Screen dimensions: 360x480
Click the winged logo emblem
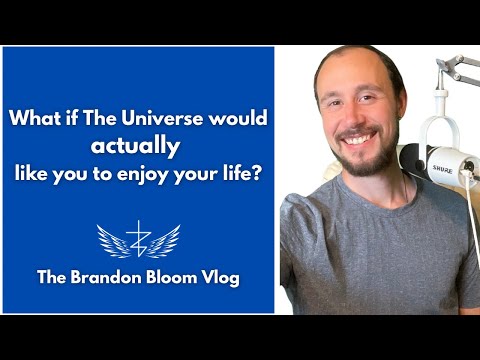point(138,240)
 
